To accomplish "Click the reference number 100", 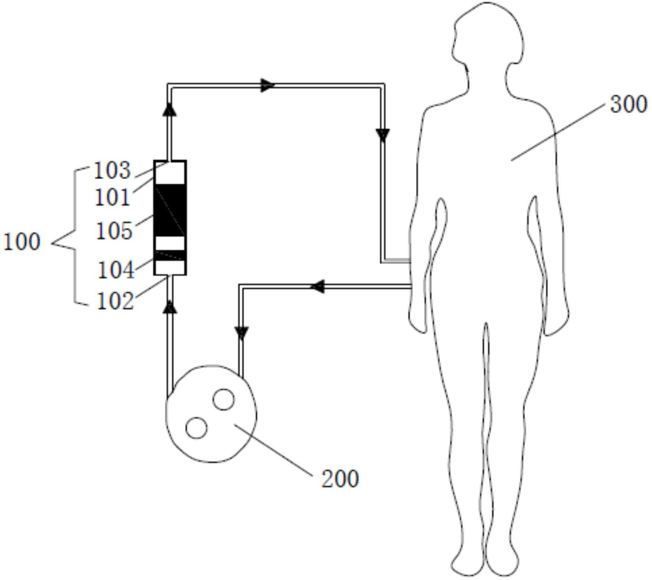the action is tap(22, 241).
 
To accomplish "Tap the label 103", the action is tap(112, 170).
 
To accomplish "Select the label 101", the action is tap(113, 197).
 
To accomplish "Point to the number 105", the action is tap(114, 230).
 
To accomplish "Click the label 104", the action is tap(116, 270).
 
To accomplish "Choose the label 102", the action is tap(115, 301).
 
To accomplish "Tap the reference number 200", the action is tap(340, 479).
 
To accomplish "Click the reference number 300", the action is tap(629, 104).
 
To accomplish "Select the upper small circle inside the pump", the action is tap(223, 399).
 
